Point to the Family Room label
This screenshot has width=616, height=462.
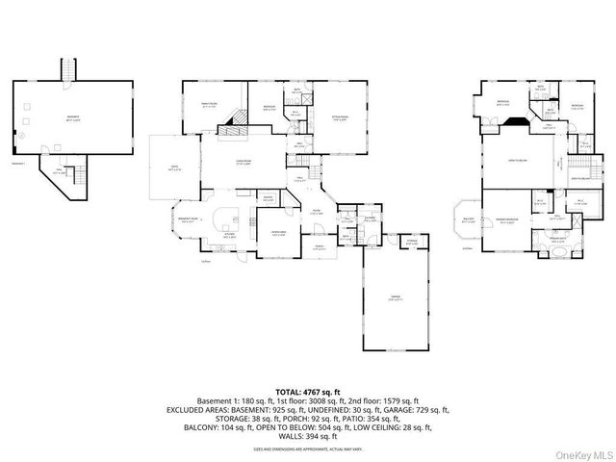pos(208,105)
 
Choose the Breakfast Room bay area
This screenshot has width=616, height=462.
pos(189,220)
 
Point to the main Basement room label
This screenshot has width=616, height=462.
pos(73,117)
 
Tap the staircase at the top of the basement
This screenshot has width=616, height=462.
pos(68,71)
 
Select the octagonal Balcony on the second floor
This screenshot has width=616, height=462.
pos(469,220)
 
